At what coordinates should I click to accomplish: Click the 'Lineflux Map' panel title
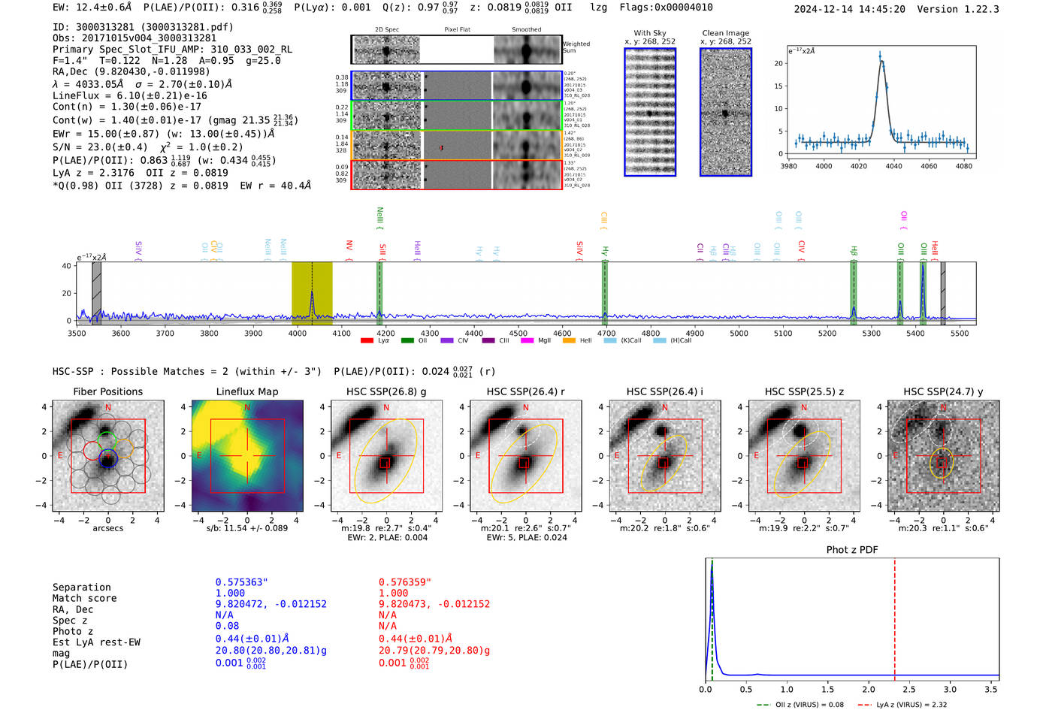(246, 391)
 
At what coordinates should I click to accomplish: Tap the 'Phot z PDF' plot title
(852, 550)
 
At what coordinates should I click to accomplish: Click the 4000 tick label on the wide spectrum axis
(298, 334)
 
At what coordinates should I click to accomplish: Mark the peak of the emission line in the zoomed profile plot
(881, 57)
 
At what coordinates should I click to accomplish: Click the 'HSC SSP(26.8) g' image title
(386, 391)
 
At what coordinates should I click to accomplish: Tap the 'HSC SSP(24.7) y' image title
(943, 391)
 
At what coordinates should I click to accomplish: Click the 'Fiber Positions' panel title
(107, 391)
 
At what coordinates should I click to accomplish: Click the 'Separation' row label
(81, 588)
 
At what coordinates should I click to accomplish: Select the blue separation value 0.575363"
(241, 582)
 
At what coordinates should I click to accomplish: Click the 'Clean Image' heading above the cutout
(725, 33)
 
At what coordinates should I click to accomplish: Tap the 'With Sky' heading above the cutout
(649, 33)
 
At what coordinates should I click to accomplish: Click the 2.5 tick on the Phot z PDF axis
(909, 689)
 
